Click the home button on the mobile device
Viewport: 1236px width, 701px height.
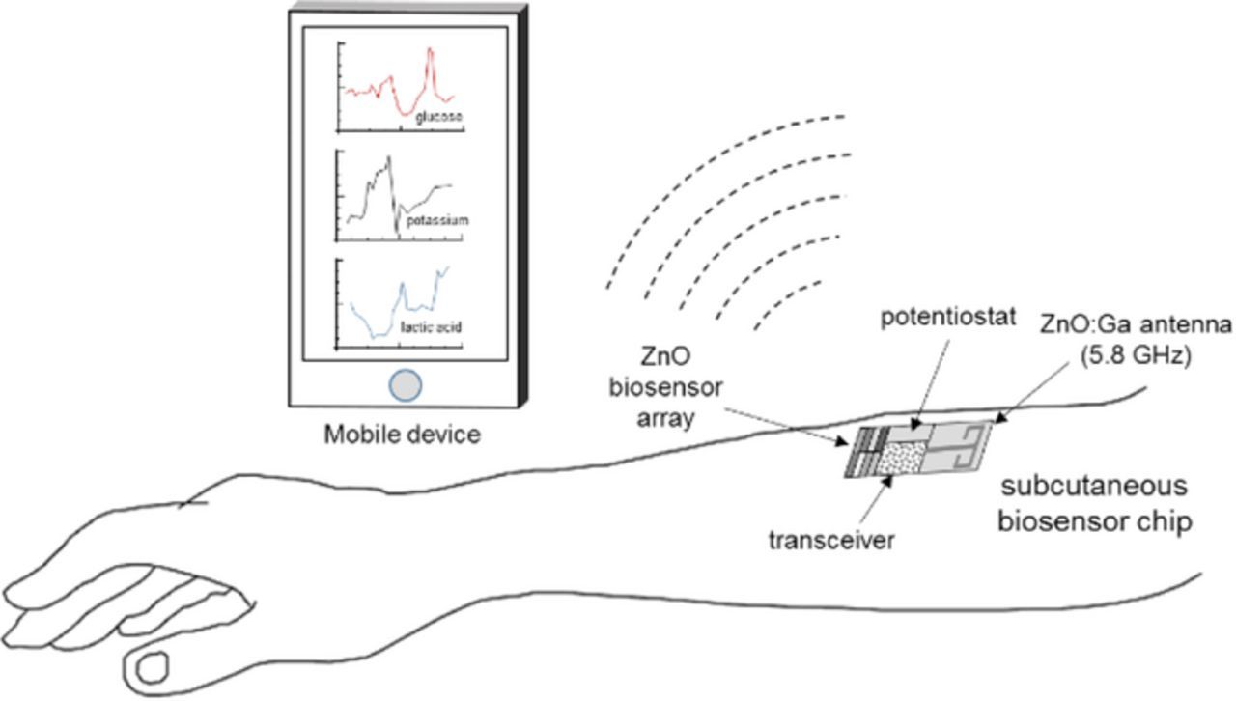tap(406, 385)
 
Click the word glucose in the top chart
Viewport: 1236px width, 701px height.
tap(439, 117)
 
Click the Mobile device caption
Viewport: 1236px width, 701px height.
tap(402, 435)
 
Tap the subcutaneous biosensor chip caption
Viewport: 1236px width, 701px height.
tap(1092, 503)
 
